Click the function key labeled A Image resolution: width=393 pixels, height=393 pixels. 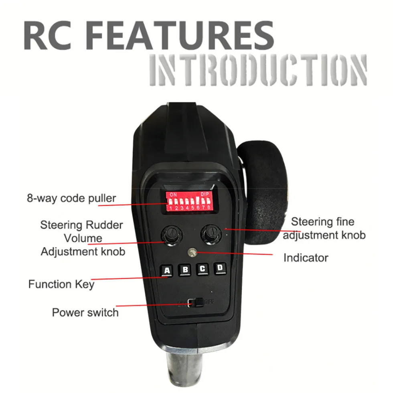(x=167, y=271)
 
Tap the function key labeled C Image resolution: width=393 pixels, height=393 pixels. (x=203, y=269)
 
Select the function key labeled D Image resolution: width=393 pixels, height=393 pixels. (x=220, y=268)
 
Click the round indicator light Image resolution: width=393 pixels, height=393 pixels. (x=192, y=252)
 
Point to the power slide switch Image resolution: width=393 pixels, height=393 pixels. (x=196, y=302)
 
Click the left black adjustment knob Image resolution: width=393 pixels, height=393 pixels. (x=172, y=235)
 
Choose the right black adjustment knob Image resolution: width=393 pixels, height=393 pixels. (x=211, y=234)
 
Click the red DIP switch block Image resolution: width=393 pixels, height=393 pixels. (x=189, y=201)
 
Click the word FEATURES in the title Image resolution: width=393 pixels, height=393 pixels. (x=181, y=36)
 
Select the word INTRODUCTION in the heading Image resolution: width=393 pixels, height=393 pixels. (x=258, y=71)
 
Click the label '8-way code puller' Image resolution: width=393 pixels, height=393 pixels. (x=71, y=198)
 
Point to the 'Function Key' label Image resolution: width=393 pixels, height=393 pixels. (x=61, y=284)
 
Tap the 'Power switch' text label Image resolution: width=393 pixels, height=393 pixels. (x=85, y=312)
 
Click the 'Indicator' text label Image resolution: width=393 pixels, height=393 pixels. (x=306, y=258)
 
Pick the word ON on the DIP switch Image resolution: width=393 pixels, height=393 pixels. (x=173, y=194)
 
